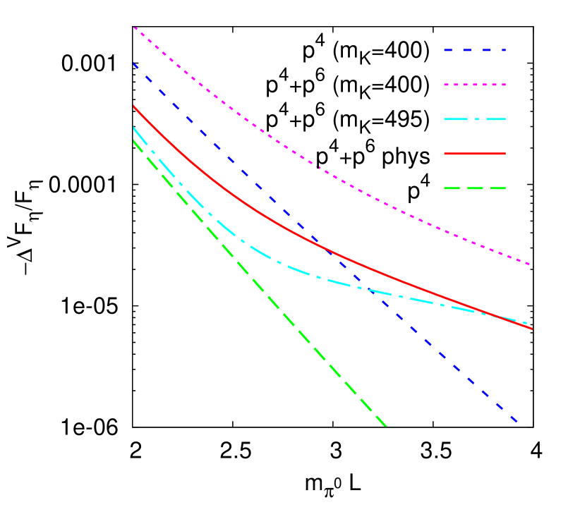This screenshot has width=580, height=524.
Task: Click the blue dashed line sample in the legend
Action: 475,51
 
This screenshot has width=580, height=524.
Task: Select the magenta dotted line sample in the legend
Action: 475,85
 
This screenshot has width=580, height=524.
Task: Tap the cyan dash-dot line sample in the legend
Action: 475,119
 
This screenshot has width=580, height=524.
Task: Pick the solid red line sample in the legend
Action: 475,153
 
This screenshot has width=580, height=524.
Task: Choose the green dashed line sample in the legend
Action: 475,188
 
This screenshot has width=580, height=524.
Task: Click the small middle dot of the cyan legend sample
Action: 475,119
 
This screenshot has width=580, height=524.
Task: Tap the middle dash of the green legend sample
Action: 475,188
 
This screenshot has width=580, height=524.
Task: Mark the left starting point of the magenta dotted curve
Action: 133,27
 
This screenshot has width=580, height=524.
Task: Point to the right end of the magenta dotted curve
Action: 530,264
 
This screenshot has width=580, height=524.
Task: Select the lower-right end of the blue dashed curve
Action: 519,423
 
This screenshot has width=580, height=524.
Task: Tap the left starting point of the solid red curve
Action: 133,106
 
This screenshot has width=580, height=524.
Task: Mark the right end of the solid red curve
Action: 532,329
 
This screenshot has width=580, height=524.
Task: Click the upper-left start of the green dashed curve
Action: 133,140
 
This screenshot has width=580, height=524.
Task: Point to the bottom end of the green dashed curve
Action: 387,426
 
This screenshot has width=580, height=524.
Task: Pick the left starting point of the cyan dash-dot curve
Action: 133,127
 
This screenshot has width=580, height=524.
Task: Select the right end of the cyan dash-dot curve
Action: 526,323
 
